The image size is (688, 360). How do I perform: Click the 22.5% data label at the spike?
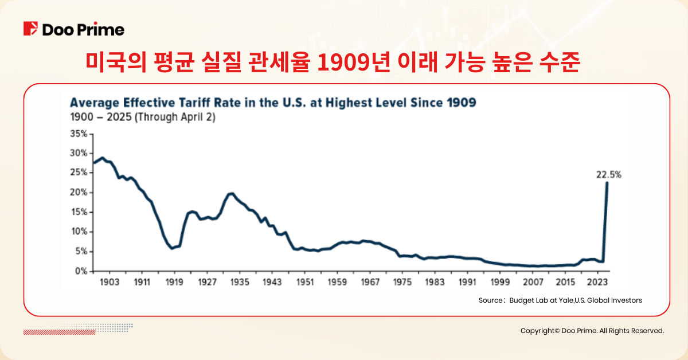[608, 175]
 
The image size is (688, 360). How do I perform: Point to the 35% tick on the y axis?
[79, 134]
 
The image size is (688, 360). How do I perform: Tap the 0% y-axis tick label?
[81, 271]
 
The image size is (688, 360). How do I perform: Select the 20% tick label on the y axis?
[79, 193]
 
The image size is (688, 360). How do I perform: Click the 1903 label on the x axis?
[109, 283]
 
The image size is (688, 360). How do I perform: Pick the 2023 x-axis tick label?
[598, 283]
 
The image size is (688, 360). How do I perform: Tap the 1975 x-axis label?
[402, 283]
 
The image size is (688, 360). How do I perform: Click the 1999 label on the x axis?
[501, 283]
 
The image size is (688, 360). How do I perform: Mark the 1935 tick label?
[240, 283]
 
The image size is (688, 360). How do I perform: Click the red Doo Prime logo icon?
[30, 29]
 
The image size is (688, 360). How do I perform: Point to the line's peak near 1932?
[231, 194]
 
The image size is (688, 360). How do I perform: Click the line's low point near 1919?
[171, 248]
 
